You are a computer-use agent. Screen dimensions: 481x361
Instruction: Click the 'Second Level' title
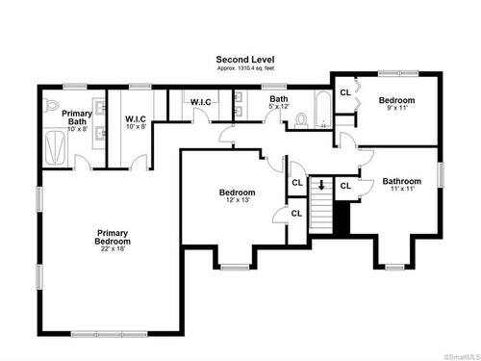click(245, 60)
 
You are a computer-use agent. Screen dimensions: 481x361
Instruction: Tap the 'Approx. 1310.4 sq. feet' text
click(245, 68)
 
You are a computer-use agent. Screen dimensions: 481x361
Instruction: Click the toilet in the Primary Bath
click(51, 105)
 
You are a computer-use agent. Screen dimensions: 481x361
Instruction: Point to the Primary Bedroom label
click(113, 237)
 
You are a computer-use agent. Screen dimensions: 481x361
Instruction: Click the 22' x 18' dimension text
click(113, 248)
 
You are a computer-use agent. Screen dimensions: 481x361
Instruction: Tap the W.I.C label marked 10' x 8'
click(136, 119)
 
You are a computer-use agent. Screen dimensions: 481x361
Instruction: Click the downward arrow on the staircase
click(321, 185)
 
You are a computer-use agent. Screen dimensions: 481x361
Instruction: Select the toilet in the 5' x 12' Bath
click(301, 120)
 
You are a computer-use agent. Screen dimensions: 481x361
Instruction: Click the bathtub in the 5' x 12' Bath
click(323, 110)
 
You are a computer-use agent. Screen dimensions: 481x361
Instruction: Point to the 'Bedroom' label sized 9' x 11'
click(396, 100)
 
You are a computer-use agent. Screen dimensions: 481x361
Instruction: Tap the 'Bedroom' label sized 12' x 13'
click(238, 193)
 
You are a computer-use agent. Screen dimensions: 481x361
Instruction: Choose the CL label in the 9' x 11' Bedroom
click(345, 92)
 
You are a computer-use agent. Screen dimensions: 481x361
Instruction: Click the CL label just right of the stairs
click(345, 186)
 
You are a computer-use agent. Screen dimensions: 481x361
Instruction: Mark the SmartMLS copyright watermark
click(462, 357)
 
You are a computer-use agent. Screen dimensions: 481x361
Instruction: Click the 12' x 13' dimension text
click(238, 200)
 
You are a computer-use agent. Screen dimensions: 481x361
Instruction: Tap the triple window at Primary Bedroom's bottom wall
click(109, 334)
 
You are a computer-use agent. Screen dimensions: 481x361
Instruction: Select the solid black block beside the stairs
click(342, 218)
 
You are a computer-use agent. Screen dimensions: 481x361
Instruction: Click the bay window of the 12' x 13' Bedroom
click(235, 267)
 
